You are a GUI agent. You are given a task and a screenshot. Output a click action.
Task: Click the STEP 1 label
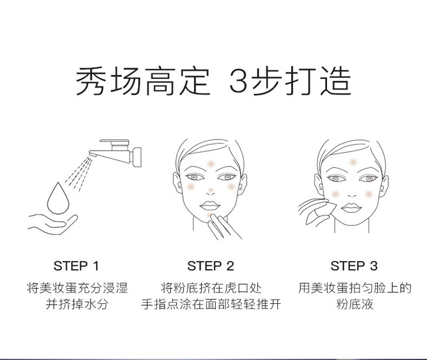pos(76,266)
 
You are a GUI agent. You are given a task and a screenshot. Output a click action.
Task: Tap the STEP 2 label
pos(211,266)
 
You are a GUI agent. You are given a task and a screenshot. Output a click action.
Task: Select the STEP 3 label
pos(354,266)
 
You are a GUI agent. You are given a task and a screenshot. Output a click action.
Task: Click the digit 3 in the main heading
pos(238,81)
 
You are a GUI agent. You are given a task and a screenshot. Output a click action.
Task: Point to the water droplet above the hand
pos(58,198)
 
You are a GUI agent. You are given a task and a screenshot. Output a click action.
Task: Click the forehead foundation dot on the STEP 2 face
pos(211,164)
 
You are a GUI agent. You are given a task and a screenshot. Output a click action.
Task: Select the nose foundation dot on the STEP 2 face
pos(211,190)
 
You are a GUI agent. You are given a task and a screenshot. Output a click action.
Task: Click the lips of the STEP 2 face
pos(209,205)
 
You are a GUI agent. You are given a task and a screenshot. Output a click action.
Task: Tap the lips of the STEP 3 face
pos(351,208)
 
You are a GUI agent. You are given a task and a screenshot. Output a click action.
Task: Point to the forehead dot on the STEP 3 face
pos(353,162)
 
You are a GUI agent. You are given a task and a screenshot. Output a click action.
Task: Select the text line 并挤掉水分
pos(77,304)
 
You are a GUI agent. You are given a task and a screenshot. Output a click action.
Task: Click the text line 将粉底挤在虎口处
pos(211,288)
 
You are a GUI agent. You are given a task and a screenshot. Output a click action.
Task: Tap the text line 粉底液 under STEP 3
pos(354,304)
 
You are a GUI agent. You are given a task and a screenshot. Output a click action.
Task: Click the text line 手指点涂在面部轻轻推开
pos(211,304)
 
